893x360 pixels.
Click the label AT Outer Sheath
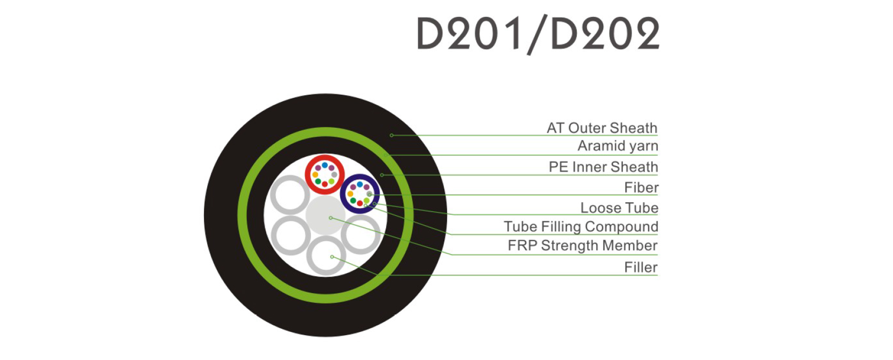602,128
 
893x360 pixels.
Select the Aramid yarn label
618,146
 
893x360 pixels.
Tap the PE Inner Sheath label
603,167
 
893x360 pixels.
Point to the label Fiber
641,188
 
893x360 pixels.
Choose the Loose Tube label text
619,208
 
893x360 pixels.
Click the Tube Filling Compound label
581,227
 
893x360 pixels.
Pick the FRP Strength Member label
582,246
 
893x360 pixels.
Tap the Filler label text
641,267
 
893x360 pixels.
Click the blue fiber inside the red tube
325,165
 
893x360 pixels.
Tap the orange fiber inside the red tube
315,175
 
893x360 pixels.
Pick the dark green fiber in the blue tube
353,201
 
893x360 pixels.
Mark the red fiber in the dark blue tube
360,203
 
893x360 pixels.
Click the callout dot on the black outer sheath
391,135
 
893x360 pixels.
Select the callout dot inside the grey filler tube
332,257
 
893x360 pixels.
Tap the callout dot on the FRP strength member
331,218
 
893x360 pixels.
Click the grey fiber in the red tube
334,175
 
